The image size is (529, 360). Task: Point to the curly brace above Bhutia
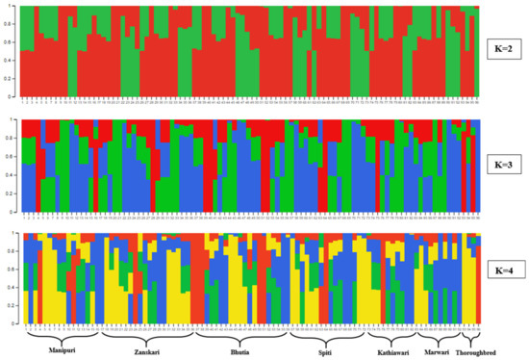pyautogui.click(x=240, y=334)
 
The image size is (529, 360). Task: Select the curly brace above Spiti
pyautogui.click(x=326, y=334)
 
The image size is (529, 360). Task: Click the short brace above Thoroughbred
pyautogui.click(x=470, y=334)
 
